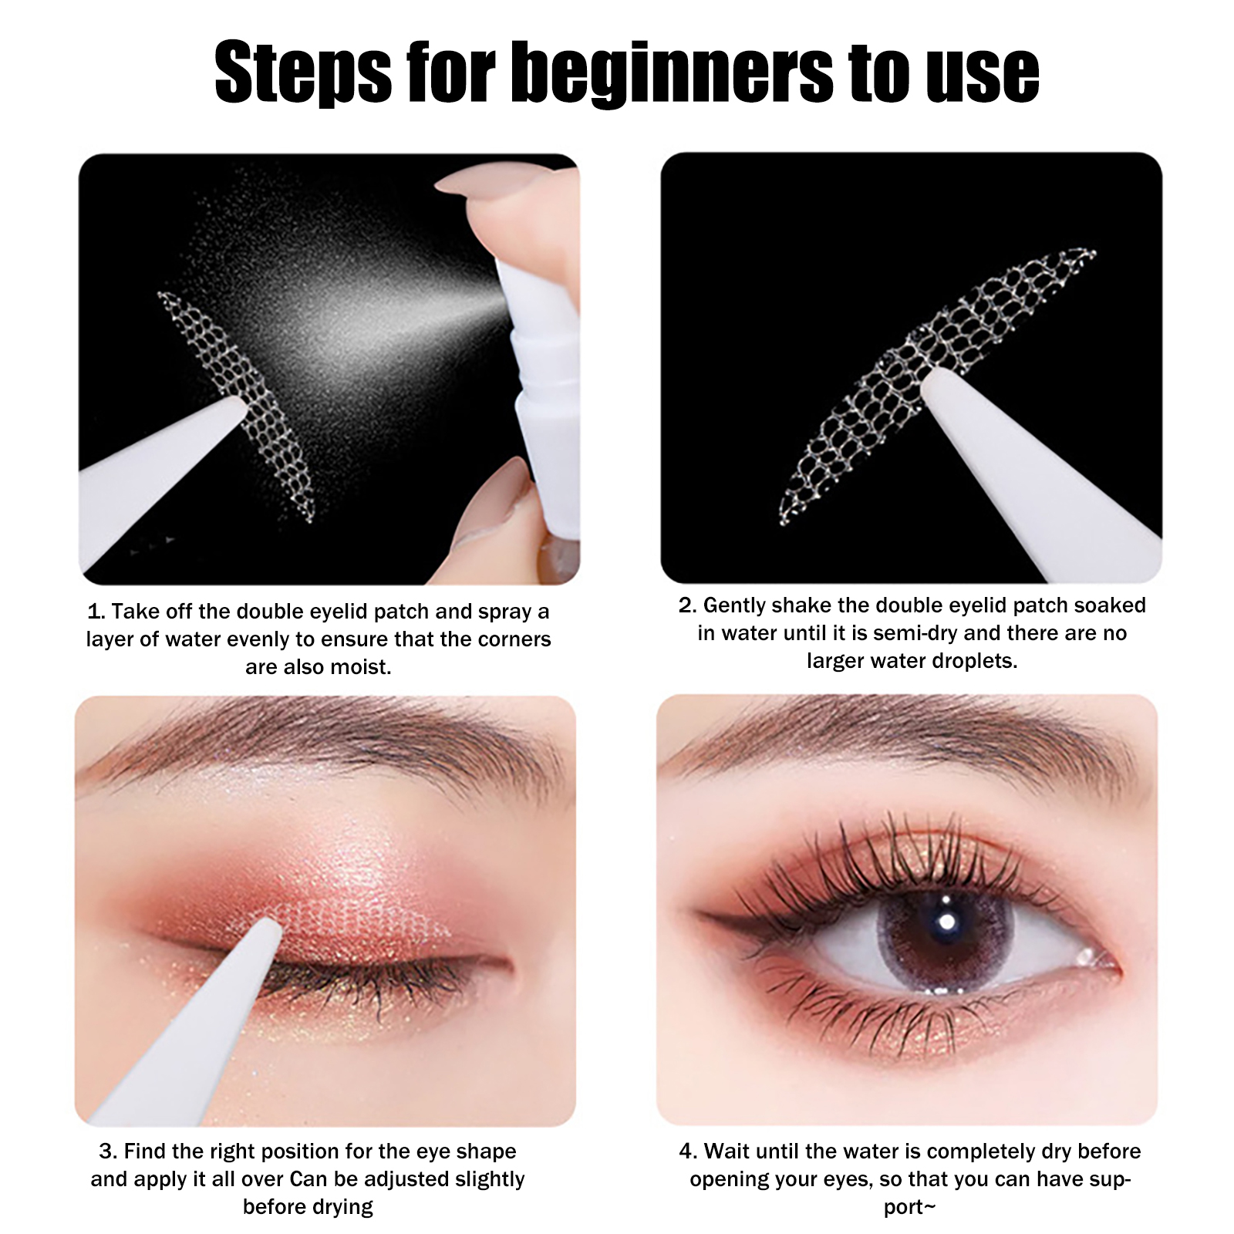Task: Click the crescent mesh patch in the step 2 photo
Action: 937,386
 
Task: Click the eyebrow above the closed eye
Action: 324,740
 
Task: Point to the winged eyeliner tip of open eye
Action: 699,913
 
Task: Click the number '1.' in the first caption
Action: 96,612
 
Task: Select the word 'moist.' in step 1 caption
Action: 357,666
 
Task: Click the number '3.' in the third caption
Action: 108,1151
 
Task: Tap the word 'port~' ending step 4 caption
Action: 909,1208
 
